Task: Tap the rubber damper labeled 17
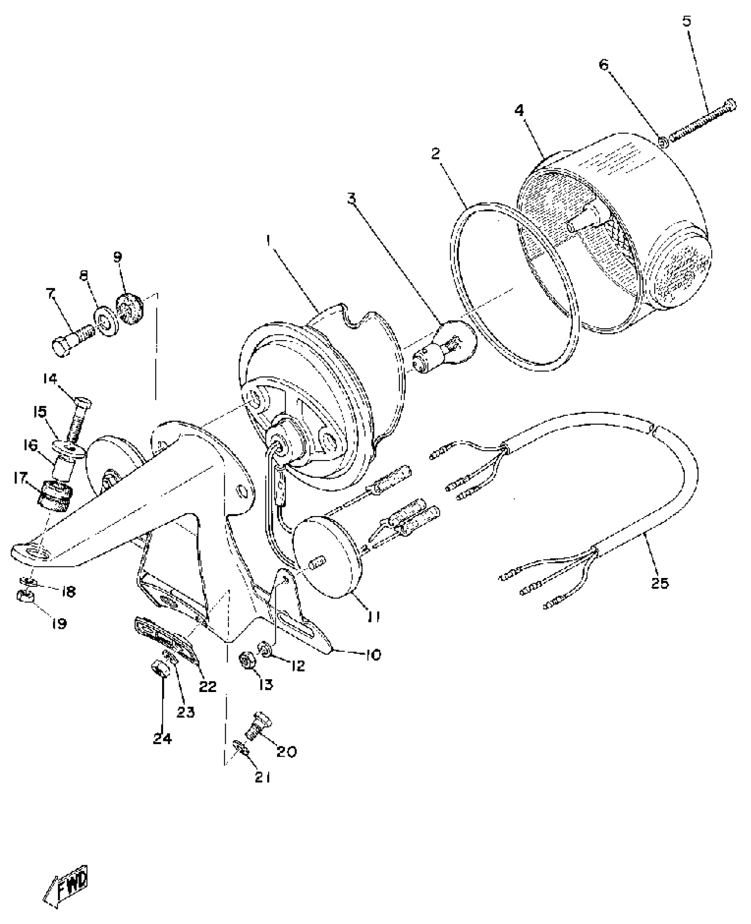click(x=52, y=497)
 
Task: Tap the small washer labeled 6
click(x=664, y=142)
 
